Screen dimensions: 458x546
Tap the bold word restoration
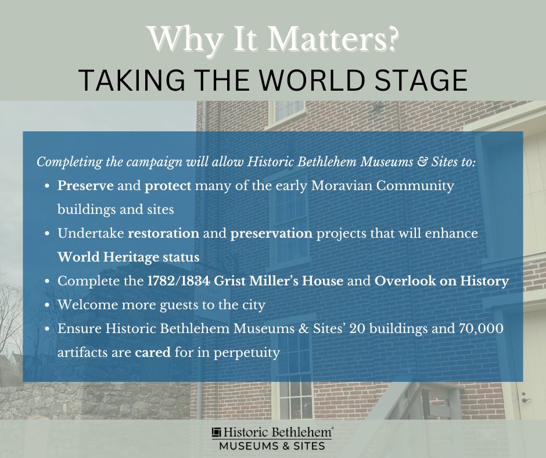(x=164, y=234)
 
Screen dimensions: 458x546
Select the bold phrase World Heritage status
(x=128, y=257)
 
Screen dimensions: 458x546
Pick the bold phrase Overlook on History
(x=441, y=281)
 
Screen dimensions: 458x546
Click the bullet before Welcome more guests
(x=46, y=305)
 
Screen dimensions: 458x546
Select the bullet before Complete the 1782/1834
(x=46, y=281)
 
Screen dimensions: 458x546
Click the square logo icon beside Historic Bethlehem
(x=217, y=432)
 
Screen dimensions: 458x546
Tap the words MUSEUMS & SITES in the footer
(x=272, y=446)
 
